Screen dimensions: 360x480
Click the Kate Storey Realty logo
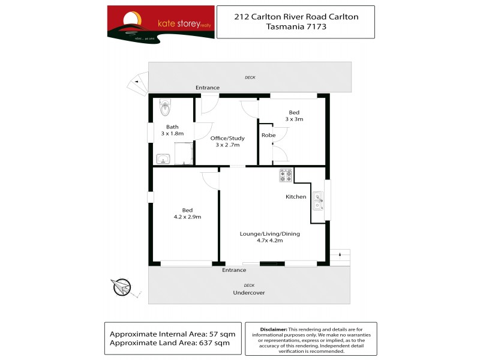click(160, 23)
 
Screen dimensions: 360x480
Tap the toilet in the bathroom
click(166, 109)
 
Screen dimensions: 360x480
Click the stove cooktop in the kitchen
click(286, 175)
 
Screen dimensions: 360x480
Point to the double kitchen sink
click(317, 201)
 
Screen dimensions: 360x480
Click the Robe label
click(268, 136)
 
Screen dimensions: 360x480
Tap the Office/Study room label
click(227, 142)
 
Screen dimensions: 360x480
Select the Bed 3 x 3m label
click(294, 116)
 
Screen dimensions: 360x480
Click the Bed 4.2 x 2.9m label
click(187, 213)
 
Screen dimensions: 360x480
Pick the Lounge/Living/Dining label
click(269, 237)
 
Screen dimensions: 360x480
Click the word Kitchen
click(296, 197)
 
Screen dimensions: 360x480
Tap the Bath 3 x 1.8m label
click(172, 130)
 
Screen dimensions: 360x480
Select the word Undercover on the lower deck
click(249, 293)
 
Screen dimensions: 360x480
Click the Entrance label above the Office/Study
click(208, 88)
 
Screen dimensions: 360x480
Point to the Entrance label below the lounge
click(234, 270)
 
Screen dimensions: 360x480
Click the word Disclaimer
click(274, 329)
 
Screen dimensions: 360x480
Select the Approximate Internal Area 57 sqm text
click(173, 333)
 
